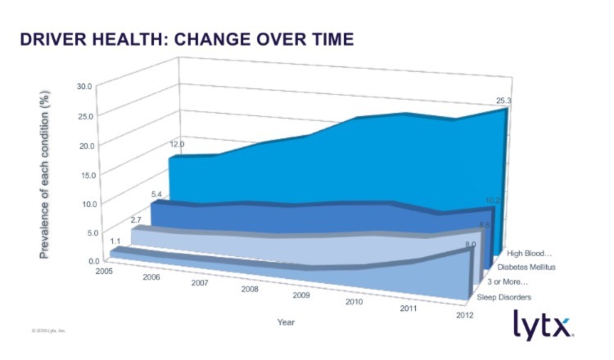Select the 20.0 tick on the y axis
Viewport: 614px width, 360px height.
point(88,145)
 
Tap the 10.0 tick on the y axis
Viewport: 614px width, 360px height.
point(88,203)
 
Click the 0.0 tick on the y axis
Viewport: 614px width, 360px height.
point(90,261)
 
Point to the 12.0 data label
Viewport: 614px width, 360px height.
point(177,144)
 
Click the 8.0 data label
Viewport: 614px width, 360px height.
point(470,244)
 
